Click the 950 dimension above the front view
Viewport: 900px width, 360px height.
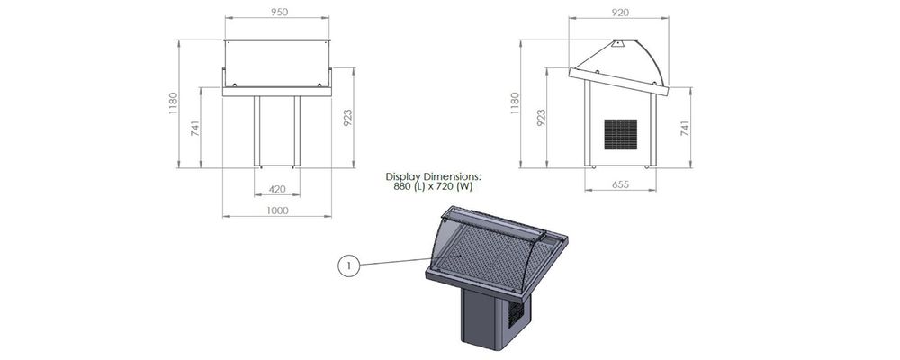coord(279,12)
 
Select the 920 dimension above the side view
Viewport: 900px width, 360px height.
coord(619,12)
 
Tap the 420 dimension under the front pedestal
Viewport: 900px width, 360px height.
coord(277,190)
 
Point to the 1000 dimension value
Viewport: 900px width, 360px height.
coord(277,211)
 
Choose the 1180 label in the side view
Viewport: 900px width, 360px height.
coord(516,103)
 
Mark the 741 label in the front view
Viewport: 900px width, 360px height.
coord(194,130)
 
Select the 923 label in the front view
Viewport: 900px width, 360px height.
coord(346,117)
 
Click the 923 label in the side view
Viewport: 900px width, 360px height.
coord(540,117)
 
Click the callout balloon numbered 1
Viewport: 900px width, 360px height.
coord(350,265)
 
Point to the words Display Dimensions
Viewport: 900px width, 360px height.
coord(434,176)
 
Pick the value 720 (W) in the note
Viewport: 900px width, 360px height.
coord(454,186)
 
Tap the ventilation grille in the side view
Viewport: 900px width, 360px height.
coord(620,135)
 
